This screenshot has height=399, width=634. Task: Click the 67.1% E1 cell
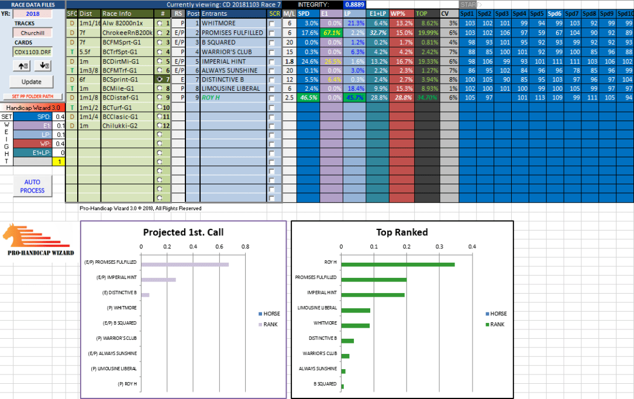click(331, 32)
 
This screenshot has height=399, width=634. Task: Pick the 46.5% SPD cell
click(308, 98)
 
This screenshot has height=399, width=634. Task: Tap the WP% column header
click(401, 13)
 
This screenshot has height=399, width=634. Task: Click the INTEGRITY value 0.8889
click(358, 4)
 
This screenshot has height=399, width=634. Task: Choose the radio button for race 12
click(159, 126)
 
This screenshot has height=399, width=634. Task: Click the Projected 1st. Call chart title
click(183, 232)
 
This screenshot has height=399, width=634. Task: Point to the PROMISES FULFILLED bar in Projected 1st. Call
click(184, 264)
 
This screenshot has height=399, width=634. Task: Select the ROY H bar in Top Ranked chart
click(398, 264)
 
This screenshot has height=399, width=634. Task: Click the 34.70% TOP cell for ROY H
click(426, 98)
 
